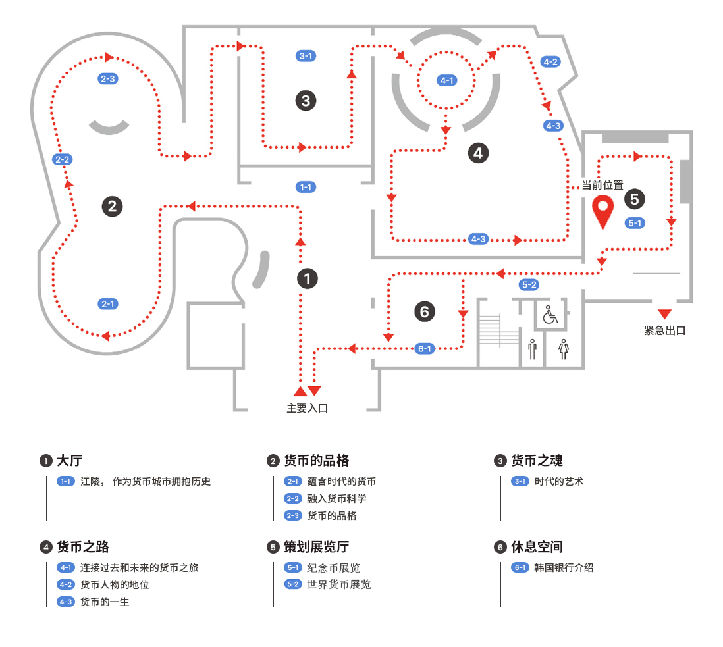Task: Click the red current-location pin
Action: coord(602,211)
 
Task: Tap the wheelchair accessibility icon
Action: coord(550,315)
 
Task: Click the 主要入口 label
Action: coord(307,408)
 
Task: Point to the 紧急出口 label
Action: coord(664,330)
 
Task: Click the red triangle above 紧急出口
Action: coord(664,314)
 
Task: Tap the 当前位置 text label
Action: coord(602,186)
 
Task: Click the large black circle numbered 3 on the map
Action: coord(306,101)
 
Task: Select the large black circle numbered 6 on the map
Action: coord(425,311)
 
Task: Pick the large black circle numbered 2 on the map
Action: coord(112,206)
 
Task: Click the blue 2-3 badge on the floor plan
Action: coord(107,78)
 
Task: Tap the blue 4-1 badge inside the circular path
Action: coord(447,80)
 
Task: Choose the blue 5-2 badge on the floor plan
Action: coord(529,285)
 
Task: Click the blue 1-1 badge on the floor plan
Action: coord(306,187)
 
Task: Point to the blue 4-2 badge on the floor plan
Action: coord(550,62)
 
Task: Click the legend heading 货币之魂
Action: coord(537,461)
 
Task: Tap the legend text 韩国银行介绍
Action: coord(564,567)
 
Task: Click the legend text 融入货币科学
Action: coord(336,498)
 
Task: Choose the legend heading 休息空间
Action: coord(537,547)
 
